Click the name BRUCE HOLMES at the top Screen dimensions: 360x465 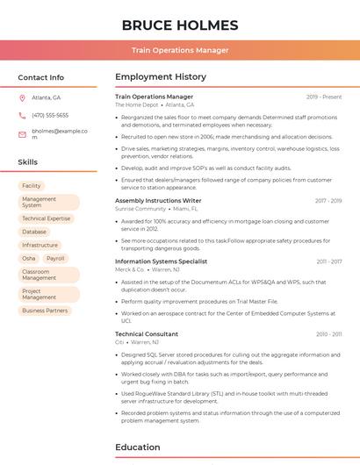(x=180, y=25)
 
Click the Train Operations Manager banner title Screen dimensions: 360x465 (x=180, y=50)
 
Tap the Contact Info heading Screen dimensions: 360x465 (x=41, y=77)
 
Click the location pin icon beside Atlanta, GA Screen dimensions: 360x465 (x=22, y=97)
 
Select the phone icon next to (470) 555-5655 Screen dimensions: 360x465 (x=22, y=115)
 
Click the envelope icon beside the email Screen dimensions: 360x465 (x=22, y=134)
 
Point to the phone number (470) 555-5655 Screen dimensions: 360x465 (x=50, y=115)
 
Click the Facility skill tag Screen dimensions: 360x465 (x=32, y=186)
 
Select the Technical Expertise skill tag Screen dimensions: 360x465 (x=47, y=218)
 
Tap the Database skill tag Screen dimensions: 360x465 (x=34, y=232)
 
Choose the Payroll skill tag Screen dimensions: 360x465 (x=55, y=259)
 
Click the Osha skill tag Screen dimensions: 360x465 (x=29, y=259)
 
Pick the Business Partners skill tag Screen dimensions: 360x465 (x=45, y=311)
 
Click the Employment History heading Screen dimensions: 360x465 (x=161, y=77)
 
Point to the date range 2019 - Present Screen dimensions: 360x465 (x=324, y=97)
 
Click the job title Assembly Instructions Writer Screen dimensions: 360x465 (x=158, y=201)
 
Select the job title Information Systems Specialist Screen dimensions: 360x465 (x=161, y=261)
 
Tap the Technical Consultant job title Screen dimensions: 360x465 (x=147, y=334)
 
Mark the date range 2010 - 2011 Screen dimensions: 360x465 (x=329, y=334)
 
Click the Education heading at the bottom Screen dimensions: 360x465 (x=138, y=447)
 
